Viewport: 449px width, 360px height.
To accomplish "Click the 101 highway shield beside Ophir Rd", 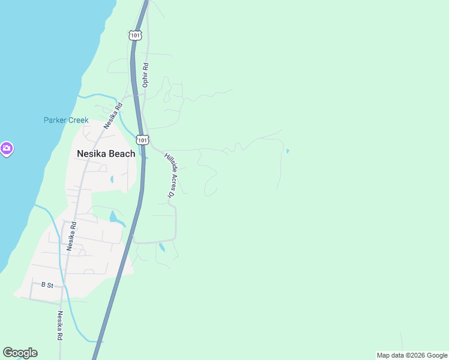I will coord(135,36).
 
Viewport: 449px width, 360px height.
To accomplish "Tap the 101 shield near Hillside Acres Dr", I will coord(142,140).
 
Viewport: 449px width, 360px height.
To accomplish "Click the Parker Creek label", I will coord(66,120).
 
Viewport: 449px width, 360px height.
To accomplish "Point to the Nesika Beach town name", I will coord(106,154).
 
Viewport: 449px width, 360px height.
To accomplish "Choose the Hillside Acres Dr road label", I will coord(169,175).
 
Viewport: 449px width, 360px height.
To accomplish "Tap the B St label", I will coord(47,285).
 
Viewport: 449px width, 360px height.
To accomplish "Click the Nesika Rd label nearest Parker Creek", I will coord(112,116).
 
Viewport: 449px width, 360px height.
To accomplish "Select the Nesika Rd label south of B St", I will coord(60,325).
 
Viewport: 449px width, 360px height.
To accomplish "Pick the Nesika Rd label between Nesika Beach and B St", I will coord(71,236).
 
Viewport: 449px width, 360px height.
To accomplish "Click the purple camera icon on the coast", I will coord(6,148).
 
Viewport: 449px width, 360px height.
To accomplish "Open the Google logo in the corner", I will coord(20,353).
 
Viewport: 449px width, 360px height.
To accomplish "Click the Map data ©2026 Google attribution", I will coord(412,355).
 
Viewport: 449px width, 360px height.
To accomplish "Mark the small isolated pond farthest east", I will coord(287,151).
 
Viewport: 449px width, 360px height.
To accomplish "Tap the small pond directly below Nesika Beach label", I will coord(112,179).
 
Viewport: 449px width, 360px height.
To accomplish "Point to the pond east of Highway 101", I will coord(161,247).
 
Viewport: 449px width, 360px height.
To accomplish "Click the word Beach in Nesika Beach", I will coord(122,154).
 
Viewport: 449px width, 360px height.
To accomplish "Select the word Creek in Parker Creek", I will coord(77,120).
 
